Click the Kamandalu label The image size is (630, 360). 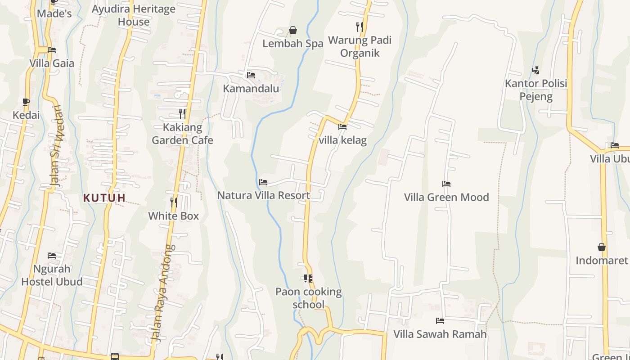coord(251,88)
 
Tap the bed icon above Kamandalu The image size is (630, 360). coord(251,75)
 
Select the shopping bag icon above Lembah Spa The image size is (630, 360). coord(293,30)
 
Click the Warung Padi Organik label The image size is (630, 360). coord(360,46)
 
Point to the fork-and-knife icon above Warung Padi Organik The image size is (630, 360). coord(360,27)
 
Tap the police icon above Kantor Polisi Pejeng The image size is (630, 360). coord(535,70)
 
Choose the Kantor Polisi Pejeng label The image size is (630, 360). coord(536,90)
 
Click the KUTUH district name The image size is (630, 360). coord(104,198)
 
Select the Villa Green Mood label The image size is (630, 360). coord(446,197)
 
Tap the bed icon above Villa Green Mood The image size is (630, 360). coord(446,184)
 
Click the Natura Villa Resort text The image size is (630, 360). coord(264,195)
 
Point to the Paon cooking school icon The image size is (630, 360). coord(308,279)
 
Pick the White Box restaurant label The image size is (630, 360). coord(173,216)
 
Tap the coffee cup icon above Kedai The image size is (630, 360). coord(26,102)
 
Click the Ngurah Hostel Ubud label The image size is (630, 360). coord(52,275)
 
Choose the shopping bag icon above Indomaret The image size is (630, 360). coord(602,247)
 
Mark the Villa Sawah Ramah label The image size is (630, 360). coord(440,334)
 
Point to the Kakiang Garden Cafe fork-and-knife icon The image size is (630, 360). coord(182,113)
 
